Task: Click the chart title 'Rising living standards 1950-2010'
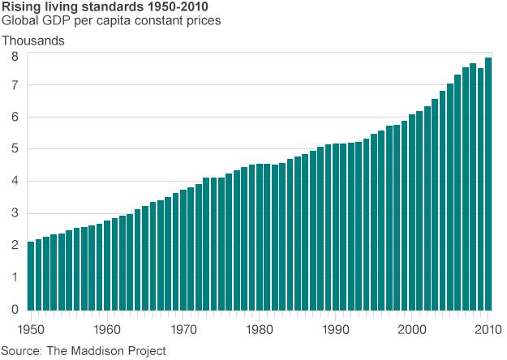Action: point(110,7)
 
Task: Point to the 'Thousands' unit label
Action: point(33,40)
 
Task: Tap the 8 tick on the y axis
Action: point(15,56)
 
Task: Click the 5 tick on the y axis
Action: point(15,150)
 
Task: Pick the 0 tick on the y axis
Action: point(15,309)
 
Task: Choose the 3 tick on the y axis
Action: point(15,214)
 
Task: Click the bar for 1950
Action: point(31,276)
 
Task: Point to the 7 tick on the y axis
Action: point(15,86)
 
